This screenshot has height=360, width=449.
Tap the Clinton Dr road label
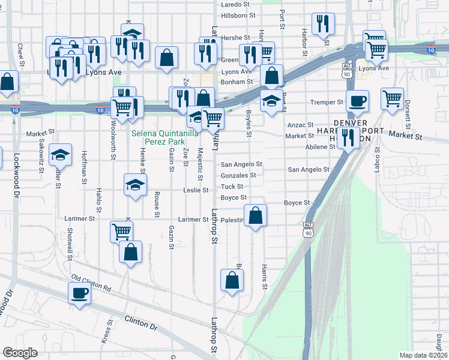(140, 323)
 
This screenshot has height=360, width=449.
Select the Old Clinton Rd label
(91, 282)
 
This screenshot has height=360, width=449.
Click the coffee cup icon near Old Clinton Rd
(79, 293)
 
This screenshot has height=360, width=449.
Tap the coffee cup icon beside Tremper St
(358, 101)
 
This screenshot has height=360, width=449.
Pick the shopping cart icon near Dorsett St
(392, 98)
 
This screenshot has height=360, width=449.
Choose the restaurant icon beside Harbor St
(324, 24)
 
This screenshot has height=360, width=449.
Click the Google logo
(20, 353)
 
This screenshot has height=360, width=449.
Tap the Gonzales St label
(238, 175)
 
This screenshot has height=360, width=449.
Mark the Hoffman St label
(85, 165)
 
